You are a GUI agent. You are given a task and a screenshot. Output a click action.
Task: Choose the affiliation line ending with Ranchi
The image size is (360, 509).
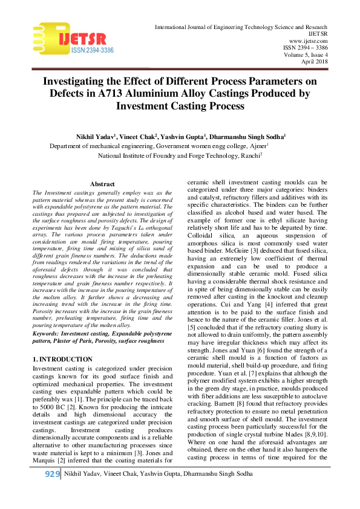point(180,155)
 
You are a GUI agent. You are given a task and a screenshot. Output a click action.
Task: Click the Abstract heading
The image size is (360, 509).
point(102,184)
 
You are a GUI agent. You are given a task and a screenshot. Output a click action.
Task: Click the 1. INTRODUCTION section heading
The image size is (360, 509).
point(63,360)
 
